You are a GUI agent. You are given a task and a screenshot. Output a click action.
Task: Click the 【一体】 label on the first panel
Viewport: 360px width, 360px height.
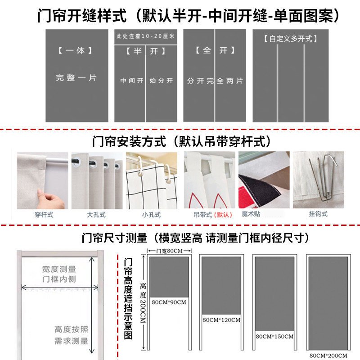(x=75, y=50)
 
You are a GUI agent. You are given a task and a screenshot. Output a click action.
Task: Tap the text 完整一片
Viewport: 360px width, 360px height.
(x=76, y=78)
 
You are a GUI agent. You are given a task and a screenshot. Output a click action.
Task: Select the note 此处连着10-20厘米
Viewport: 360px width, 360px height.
(x=145, y=36)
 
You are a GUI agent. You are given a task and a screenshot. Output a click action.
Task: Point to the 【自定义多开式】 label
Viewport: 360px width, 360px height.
(x=290, y=39)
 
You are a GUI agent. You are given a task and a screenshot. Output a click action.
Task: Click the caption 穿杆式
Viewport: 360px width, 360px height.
(x=44, y=215)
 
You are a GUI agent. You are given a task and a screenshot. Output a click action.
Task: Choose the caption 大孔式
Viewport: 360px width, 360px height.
(x=96, y=215)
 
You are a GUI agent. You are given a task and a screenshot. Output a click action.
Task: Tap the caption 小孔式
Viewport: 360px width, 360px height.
(x=151, y=215)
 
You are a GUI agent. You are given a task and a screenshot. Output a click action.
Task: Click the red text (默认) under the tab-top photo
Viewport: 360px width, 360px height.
(x=223, y=215)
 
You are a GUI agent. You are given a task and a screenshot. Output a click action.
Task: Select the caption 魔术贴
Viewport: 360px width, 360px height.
(x=251, y=214)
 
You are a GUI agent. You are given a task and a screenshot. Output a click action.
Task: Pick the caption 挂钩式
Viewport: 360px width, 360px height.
(x=318, y=214)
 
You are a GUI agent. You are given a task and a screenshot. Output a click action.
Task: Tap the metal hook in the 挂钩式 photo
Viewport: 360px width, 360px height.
(x=323, y=178)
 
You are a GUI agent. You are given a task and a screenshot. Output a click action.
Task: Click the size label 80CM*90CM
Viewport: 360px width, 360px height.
(x=169, y=302)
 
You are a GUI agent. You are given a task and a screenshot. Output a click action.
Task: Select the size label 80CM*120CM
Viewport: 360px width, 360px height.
(x=221, y=320)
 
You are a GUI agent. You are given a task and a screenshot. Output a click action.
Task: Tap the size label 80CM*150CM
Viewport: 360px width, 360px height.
(x=274, y=336)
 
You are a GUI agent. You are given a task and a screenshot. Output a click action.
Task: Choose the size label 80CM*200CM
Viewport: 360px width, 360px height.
(x=328, y=355)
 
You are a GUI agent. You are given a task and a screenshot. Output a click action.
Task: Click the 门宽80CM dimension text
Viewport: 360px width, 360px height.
(x=169, y=251)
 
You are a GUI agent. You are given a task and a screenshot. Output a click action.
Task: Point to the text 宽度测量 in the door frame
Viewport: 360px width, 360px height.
(x=59, y=269)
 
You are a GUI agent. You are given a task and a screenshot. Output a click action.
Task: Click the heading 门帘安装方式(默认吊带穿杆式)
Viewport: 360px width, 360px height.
(x=181, y=141)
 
